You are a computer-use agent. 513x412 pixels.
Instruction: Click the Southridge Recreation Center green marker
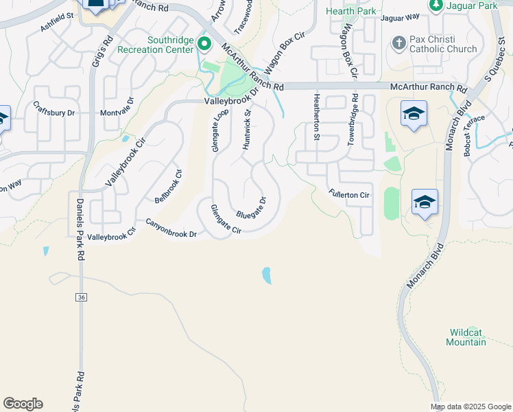pyautogui.click(x=204, y=44)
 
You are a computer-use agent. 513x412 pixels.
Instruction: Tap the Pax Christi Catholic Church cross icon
pyautogui.click(x=398, y=43)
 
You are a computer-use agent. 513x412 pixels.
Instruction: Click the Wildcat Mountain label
pyautogui.click(x=468, y=337)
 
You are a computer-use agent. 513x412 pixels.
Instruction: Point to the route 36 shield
pyautogui.click(x=82, y=297)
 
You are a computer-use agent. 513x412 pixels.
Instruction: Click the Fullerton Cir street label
pyautogui.click(x=348, y=195)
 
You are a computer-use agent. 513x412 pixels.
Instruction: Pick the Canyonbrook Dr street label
pyautogui.click(x=171, y=229)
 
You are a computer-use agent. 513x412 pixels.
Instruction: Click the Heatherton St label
pyautogui.click(x=317, y=117)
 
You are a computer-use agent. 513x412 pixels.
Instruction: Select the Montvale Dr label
pyautogui.click(x=120, y=113)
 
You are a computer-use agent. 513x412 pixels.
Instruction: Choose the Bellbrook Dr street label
pyautogui.click(x=167, y=185)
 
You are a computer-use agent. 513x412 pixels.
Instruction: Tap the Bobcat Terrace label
pyautogui.click(x=474, y=135)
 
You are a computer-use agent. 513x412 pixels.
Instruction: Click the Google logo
pyautogui.click(x=23, y=404)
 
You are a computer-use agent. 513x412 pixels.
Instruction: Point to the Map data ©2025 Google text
pyautogui.click(x=470, y=407)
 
